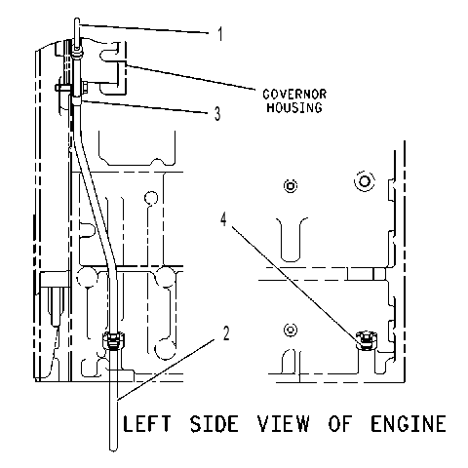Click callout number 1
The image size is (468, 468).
click(220, 34)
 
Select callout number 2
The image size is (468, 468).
click(226, 333)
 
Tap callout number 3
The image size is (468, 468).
click(217, 114)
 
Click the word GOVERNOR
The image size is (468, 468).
click(294, 95)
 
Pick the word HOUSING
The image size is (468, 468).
click(294, 107)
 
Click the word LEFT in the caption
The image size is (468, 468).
click(146, 423)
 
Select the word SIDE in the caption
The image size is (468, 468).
click(214, 423)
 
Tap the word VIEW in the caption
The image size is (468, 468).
click(283, 423)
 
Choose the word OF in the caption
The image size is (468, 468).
click(340, 423)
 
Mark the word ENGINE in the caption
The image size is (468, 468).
click(409, 423)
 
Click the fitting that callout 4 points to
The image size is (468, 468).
click(367, 340)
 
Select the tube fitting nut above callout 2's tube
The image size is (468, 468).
click(113, 340)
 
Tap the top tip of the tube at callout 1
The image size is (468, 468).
click(77, 19)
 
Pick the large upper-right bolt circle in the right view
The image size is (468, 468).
click(365, 180)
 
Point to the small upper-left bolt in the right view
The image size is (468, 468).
click(291, 186)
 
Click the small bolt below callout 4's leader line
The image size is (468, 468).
click(291, 330)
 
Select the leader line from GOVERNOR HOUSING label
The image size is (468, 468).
click(190, 77)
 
